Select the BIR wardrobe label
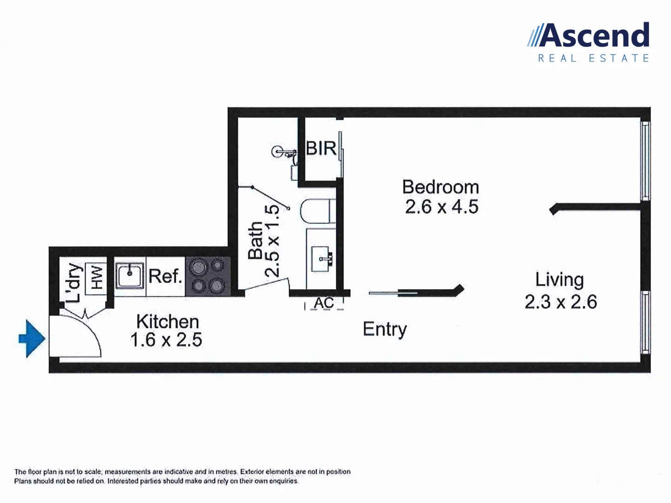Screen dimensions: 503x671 (x=321, y=148)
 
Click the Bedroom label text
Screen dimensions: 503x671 (x=440, y=187)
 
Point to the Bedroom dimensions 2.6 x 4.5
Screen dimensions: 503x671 (x=441, y=207)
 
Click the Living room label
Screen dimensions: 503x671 (x=559, y=279)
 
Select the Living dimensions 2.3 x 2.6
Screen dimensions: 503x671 (x=561, y=302)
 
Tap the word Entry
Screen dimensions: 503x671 (x=384, y=329)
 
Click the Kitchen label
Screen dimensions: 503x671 (x=167, y=321)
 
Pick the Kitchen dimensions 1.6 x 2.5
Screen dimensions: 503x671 (x=166, y=340)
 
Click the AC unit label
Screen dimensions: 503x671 (x=324, y=303)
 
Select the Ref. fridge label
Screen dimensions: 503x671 (x=165, y=276)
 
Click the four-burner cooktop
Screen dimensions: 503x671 (x=208, y=277)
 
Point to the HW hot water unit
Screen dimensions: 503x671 (x=96, y=277)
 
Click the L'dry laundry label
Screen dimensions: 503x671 (x=74, y=283)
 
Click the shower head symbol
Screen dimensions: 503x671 (x=278, y=151)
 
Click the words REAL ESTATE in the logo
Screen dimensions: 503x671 (x=594, y=58)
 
